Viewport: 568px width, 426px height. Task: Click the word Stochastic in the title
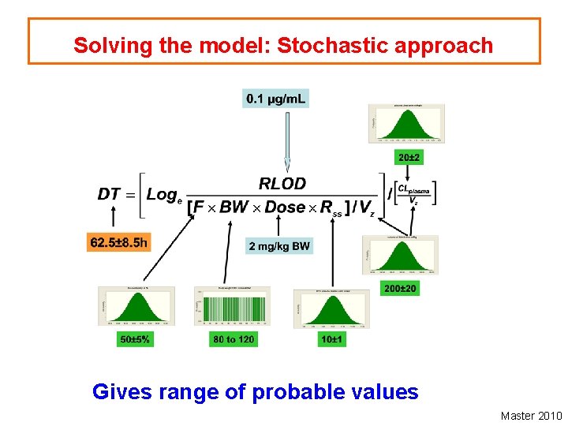tap(319, 45)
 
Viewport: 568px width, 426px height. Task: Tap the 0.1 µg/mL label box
tap(276, 99)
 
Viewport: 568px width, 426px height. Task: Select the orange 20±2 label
tap(409, 158)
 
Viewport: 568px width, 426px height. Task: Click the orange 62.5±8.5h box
tap(118, 242)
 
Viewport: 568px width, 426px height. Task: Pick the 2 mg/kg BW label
tap(279, 246)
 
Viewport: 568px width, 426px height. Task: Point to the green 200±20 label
tap(400, 289)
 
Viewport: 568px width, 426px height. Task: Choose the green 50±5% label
tap(135, 339)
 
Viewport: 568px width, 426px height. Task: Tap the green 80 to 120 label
tap(233, 339)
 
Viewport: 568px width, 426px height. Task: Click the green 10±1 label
tap(332, 339)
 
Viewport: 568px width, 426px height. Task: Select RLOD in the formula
tap(282, 184)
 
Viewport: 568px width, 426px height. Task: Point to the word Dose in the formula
tap(285, 207)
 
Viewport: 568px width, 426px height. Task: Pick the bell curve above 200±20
tap(400, 254)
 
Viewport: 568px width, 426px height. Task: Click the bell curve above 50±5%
tap(134, 308)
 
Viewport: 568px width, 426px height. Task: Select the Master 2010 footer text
tap(531, 416)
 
